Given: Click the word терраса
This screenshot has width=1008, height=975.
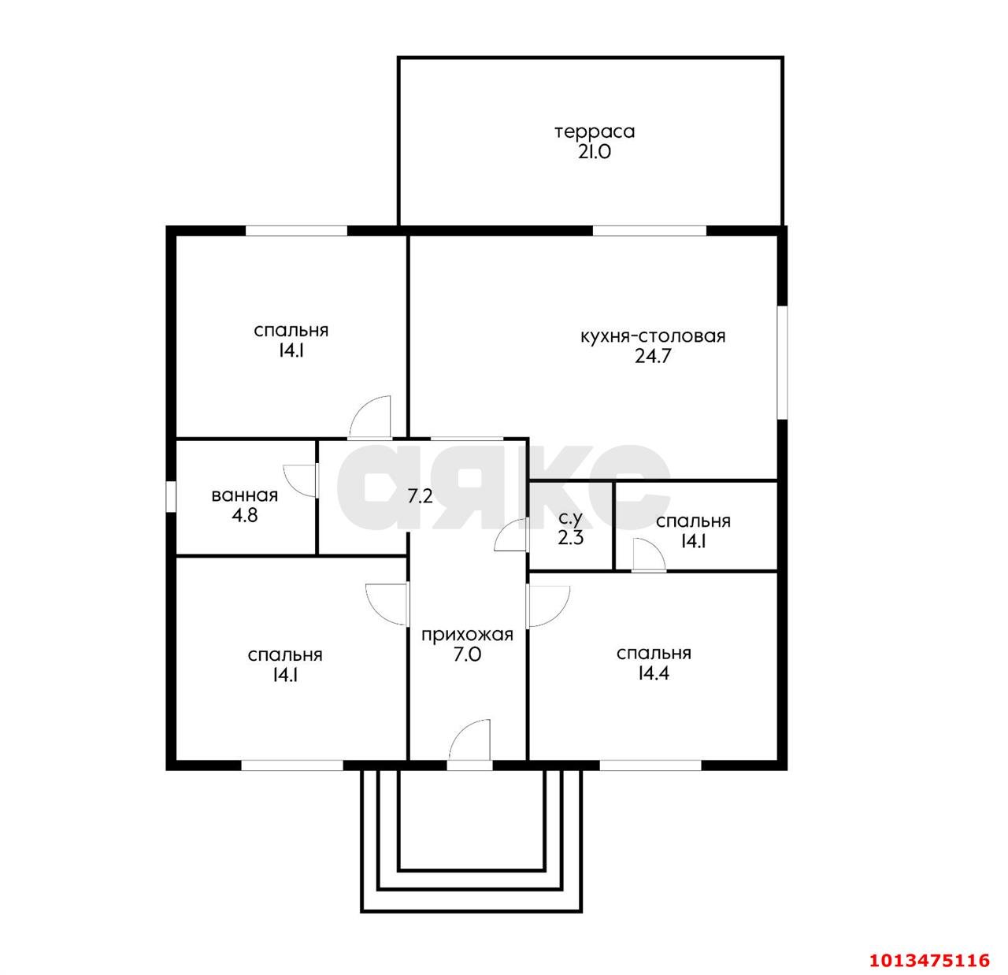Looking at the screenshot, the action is (595, 132).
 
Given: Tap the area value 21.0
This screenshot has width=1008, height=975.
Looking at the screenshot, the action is (595, 152).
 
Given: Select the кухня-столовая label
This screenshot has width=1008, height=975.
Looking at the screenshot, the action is (653, 336).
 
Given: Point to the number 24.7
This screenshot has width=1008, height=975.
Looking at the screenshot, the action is (653, 357).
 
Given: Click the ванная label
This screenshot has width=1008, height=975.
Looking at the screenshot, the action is (244, 495).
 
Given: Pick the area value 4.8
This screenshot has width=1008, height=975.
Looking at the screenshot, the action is (244, 516).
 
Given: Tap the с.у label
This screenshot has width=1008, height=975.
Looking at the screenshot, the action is (570, 517).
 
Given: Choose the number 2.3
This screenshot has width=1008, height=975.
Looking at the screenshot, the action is (571, 538).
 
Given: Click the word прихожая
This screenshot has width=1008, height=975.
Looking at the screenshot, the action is (467, 635).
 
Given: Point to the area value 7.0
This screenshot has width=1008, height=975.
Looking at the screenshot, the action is (467, 654).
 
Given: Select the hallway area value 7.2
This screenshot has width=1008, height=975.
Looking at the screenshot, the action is (420, 496).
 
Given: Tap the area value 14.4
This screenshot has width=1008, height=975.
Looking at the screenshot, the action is (654, 673).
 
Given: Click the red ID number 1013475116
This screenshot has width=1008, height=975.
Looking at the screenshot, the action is (928, 961).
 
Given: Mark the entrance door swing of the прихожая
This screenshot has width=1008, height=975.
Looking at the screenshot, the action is (469, 740).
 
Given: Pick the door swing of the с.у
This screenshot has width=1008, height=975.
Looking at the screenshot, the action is (511, 534).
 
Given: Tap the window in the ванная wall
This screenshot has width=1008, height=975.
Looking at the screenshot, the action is (171, 497).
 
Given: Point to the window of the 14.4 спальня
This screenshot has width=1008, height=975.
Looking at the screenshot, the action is (650, 765).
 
